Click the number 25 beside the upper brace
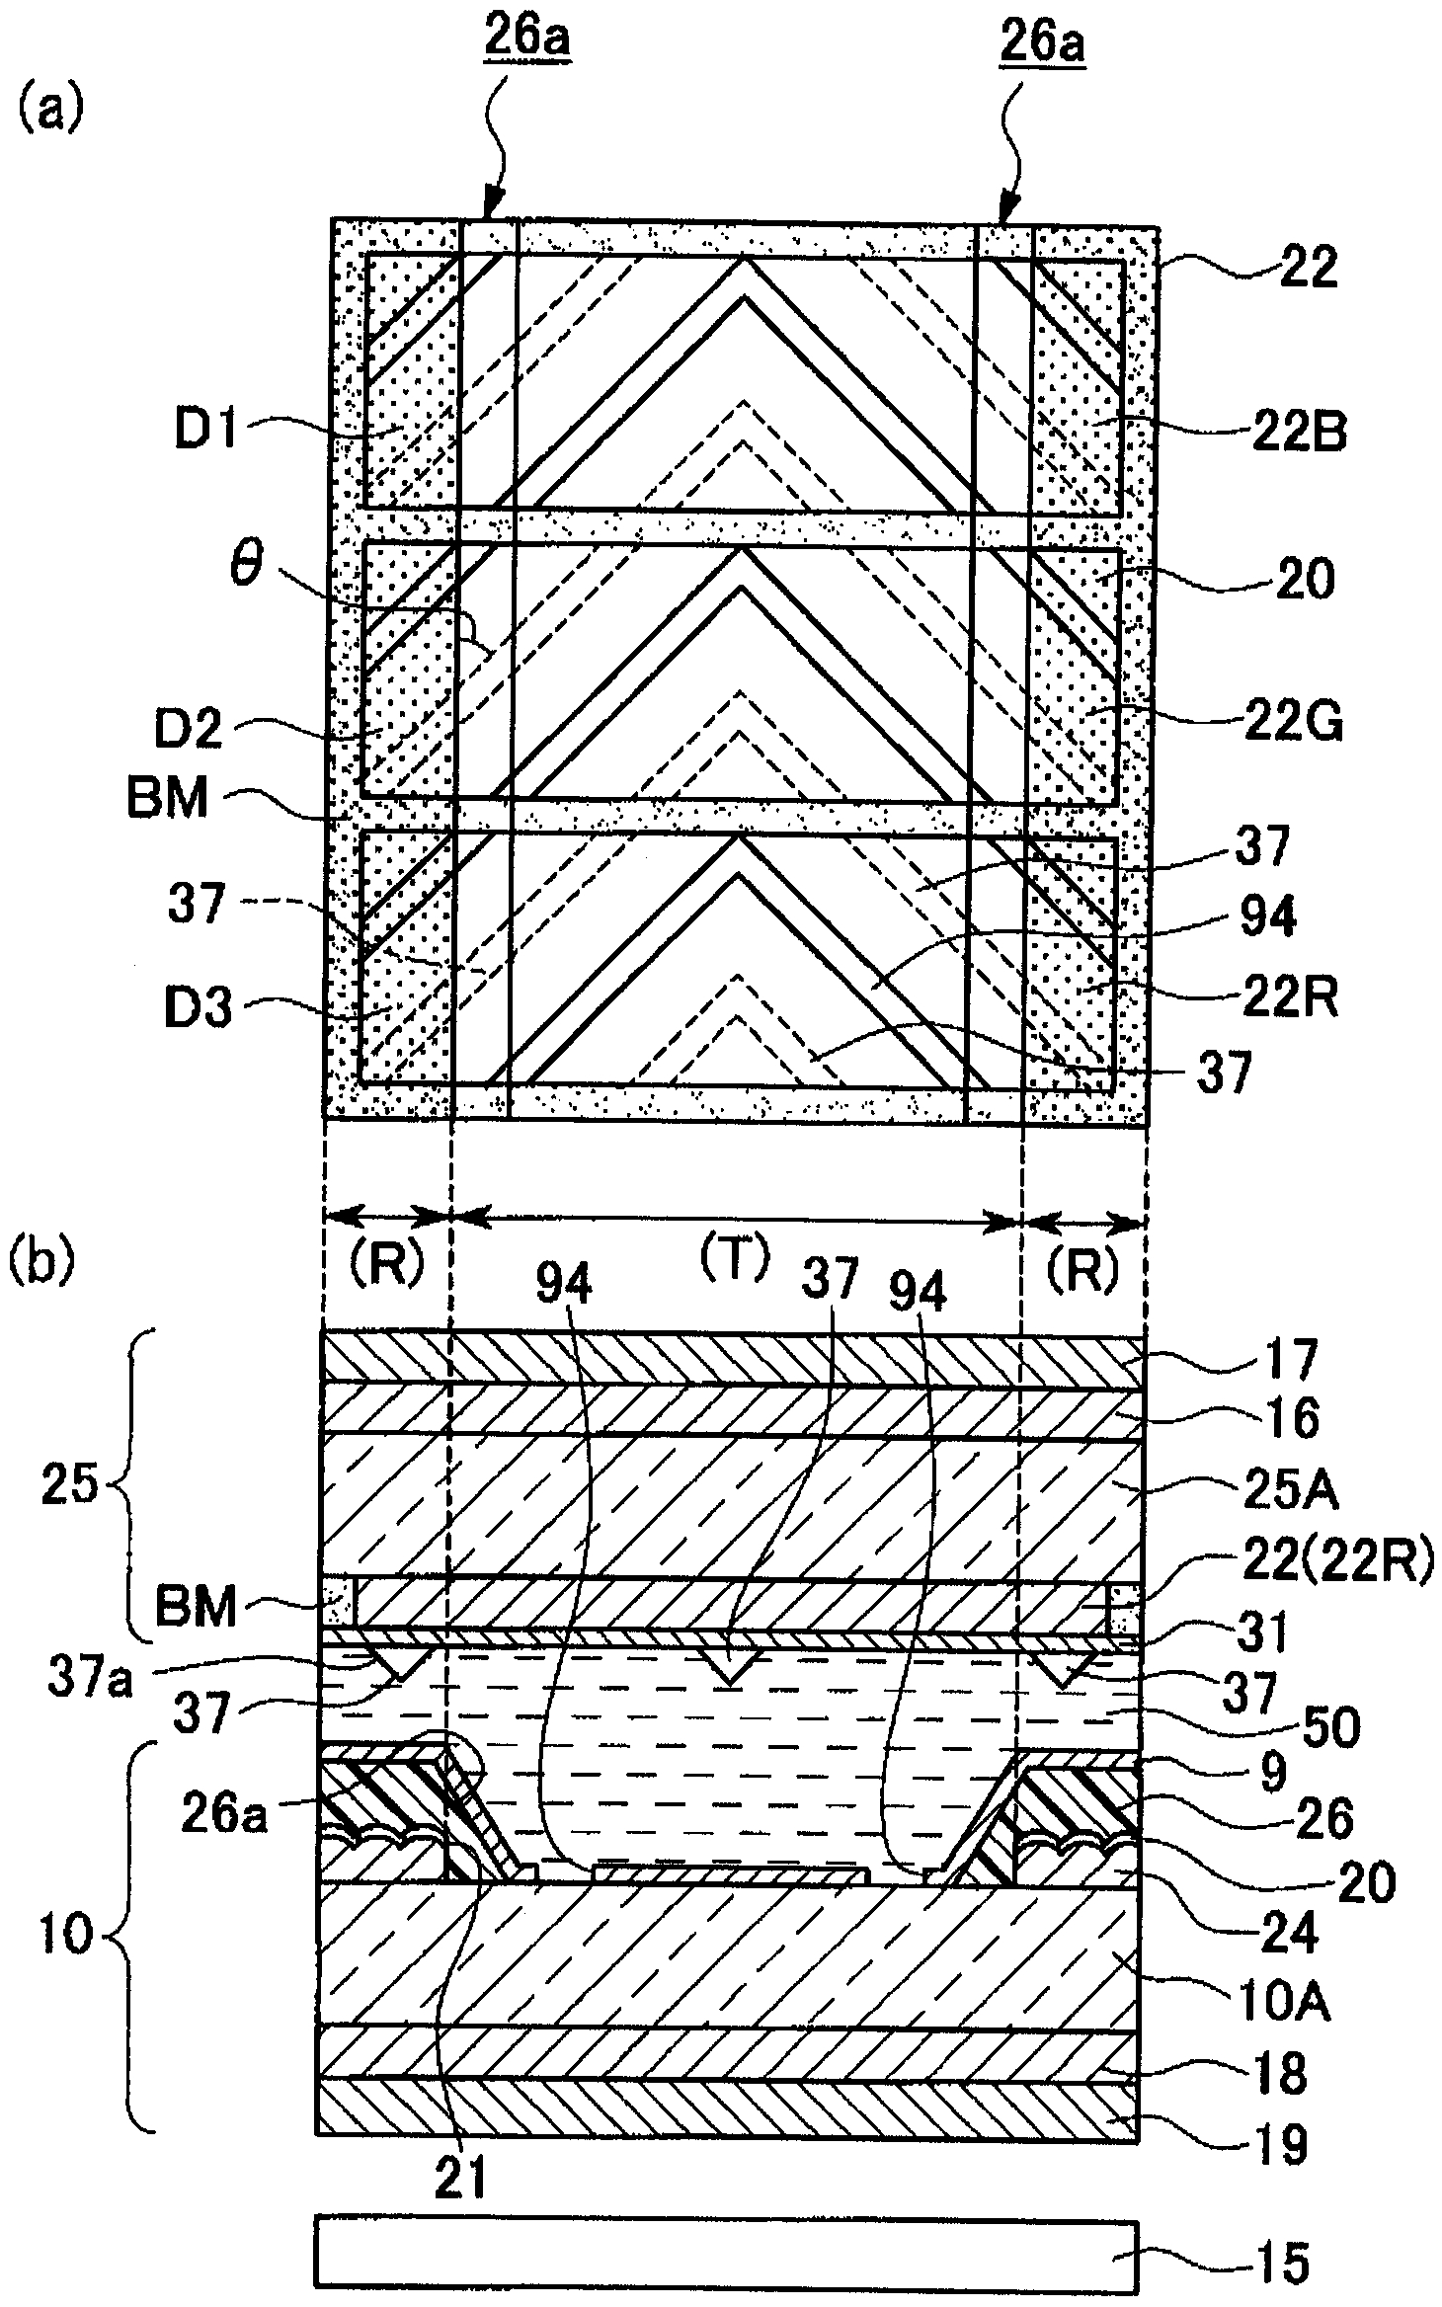tap(69, 1484)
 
